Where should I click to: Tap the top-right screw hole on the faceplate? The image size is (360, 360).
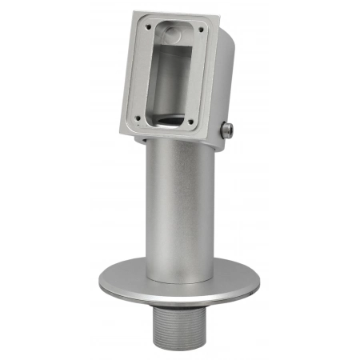tap(200, 30)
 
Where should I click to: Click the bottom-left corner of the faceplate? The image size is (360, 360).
tap(123, 125)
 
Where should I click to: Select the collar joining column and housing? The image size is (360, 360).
tap(178, 143)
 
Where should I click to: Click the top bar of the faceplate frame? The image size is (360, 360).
tap(171, 21)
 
